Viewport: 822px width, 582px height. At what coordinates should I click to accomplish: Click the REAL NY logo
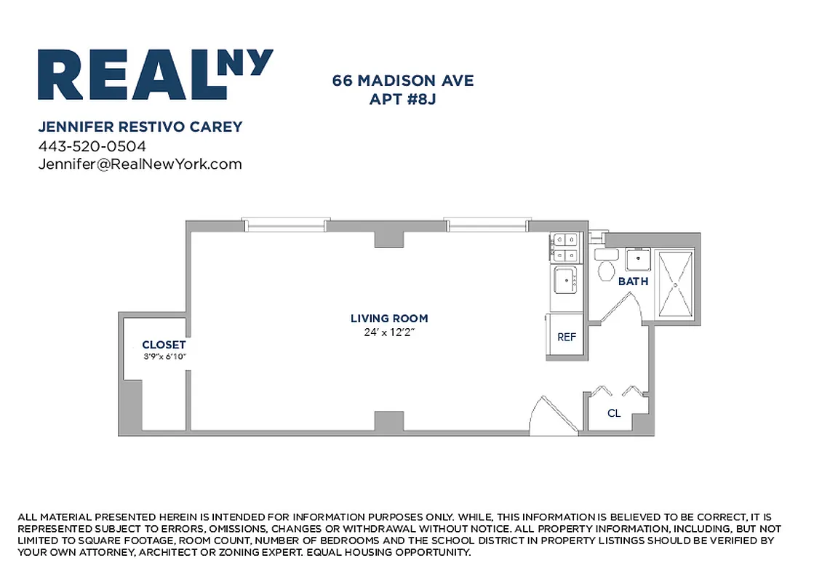pyautogui.click(x=155, y=74)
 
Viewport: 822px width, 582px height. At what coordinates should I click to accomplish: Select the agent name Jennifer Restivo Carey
pyautogui.click(x=140, y=127)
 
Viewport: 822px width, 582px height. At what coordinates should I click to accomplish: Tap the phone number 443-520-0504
pyautogui.click(x=92, y=145)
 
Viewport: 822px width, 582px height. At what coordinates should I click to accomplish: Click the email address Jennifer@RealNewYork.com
pyautogui.click(x=140, y=164)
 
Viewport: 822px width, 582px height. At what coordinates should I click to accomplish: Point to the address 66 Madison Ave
pyautogui.click(x=402, y=81)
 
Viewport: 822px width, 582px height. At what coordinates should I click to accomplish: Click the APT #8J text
pyautogui.click(x=402, y=99)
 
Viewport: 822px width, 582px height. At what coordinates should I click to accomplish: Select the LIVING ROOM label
pyautogui.click(x=389, y=319)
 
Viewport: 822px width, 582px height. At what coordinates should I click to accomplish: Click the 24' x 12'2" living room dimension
pyautogui.click(x=389, y=332)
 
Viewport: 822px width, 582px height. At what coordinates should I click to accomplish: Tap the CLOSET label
pyautogui.click(x=164, y=345)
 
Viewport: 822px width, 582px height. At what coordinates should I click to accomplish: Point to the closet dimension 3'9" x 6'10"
pyautogui.click(x=164, y=356)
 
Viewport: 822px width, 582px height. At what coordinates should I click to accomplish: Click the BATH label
pyautogui.click(x=633, y=282)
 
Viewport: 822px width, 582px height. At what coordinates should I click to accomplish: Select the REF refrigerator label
pyautogui.click(x=567, y=338)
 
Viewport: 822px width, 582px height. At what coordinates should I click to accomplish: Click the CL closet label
pyautogui.click(x=614, y=413)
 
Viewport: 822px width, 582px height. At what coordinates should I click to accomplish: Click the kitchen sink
pyautogui.click(x=565, y=279)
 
